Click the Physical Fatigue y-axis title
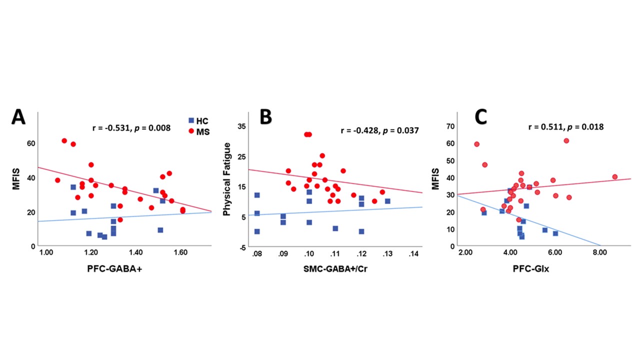point(227,179)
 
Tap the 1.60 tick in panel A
point(180,252)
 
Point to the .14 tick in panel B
point(414,254)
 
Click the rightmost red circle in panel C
point(614,177)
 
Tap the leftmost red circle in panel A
point(57,180)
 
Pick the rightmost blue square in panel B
point(387,201)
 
